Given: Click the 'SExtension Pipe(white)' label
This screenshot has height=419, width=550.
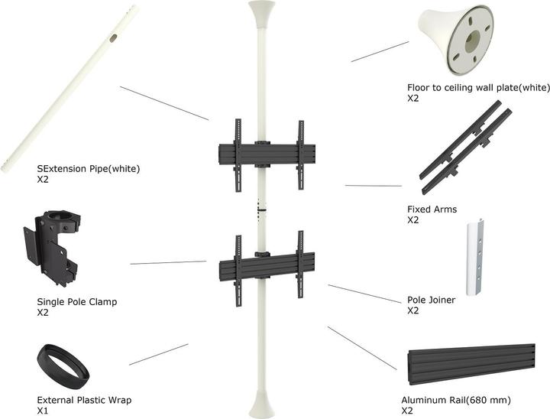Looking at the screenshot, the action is coord(89,169).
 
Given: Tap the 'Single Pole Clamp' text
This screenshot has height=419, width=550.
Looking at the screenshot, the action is coord(77,302).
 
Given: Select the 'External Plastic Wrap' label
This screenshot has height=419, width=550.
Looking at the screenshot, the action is coord(84,400).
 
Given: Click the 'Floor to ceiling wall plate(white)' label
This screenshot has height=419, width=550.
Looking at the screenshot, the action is coord(478,88).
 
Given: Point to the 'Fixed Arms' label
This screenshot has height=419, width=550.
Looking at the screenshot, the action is coord(432,209).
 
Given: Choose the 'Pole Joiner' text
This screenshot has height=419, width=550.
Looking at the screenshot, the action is coord(431,300).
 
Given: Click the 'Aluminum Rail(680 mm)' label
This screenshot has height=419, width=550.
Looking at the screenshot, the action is coord(456,400).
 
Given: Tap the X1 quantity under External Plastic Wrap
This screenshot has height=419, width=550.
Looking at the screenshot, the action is coord(43,411).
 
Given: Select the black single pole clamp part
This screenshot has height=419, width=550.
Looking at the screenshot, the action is coord(53,248).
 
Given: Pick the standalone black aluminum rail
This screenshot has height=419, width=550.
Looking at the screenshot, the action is coord(471,364).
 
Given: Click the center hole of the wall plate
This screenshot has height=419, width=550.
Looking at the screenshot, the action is coord(472,41).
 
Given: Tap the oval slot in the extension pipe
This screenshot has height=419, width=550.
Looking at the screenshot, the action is coord(113,38).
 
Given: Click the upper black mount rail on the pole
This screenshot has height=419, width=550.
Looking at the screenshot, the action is coord(267,154).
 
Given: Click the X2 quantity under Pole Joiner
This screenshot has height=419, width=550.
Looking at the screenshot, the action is coord(412,310).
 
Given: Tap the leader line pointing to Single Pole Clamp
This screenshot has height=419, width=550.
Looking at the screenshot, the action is coord(168,262).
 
